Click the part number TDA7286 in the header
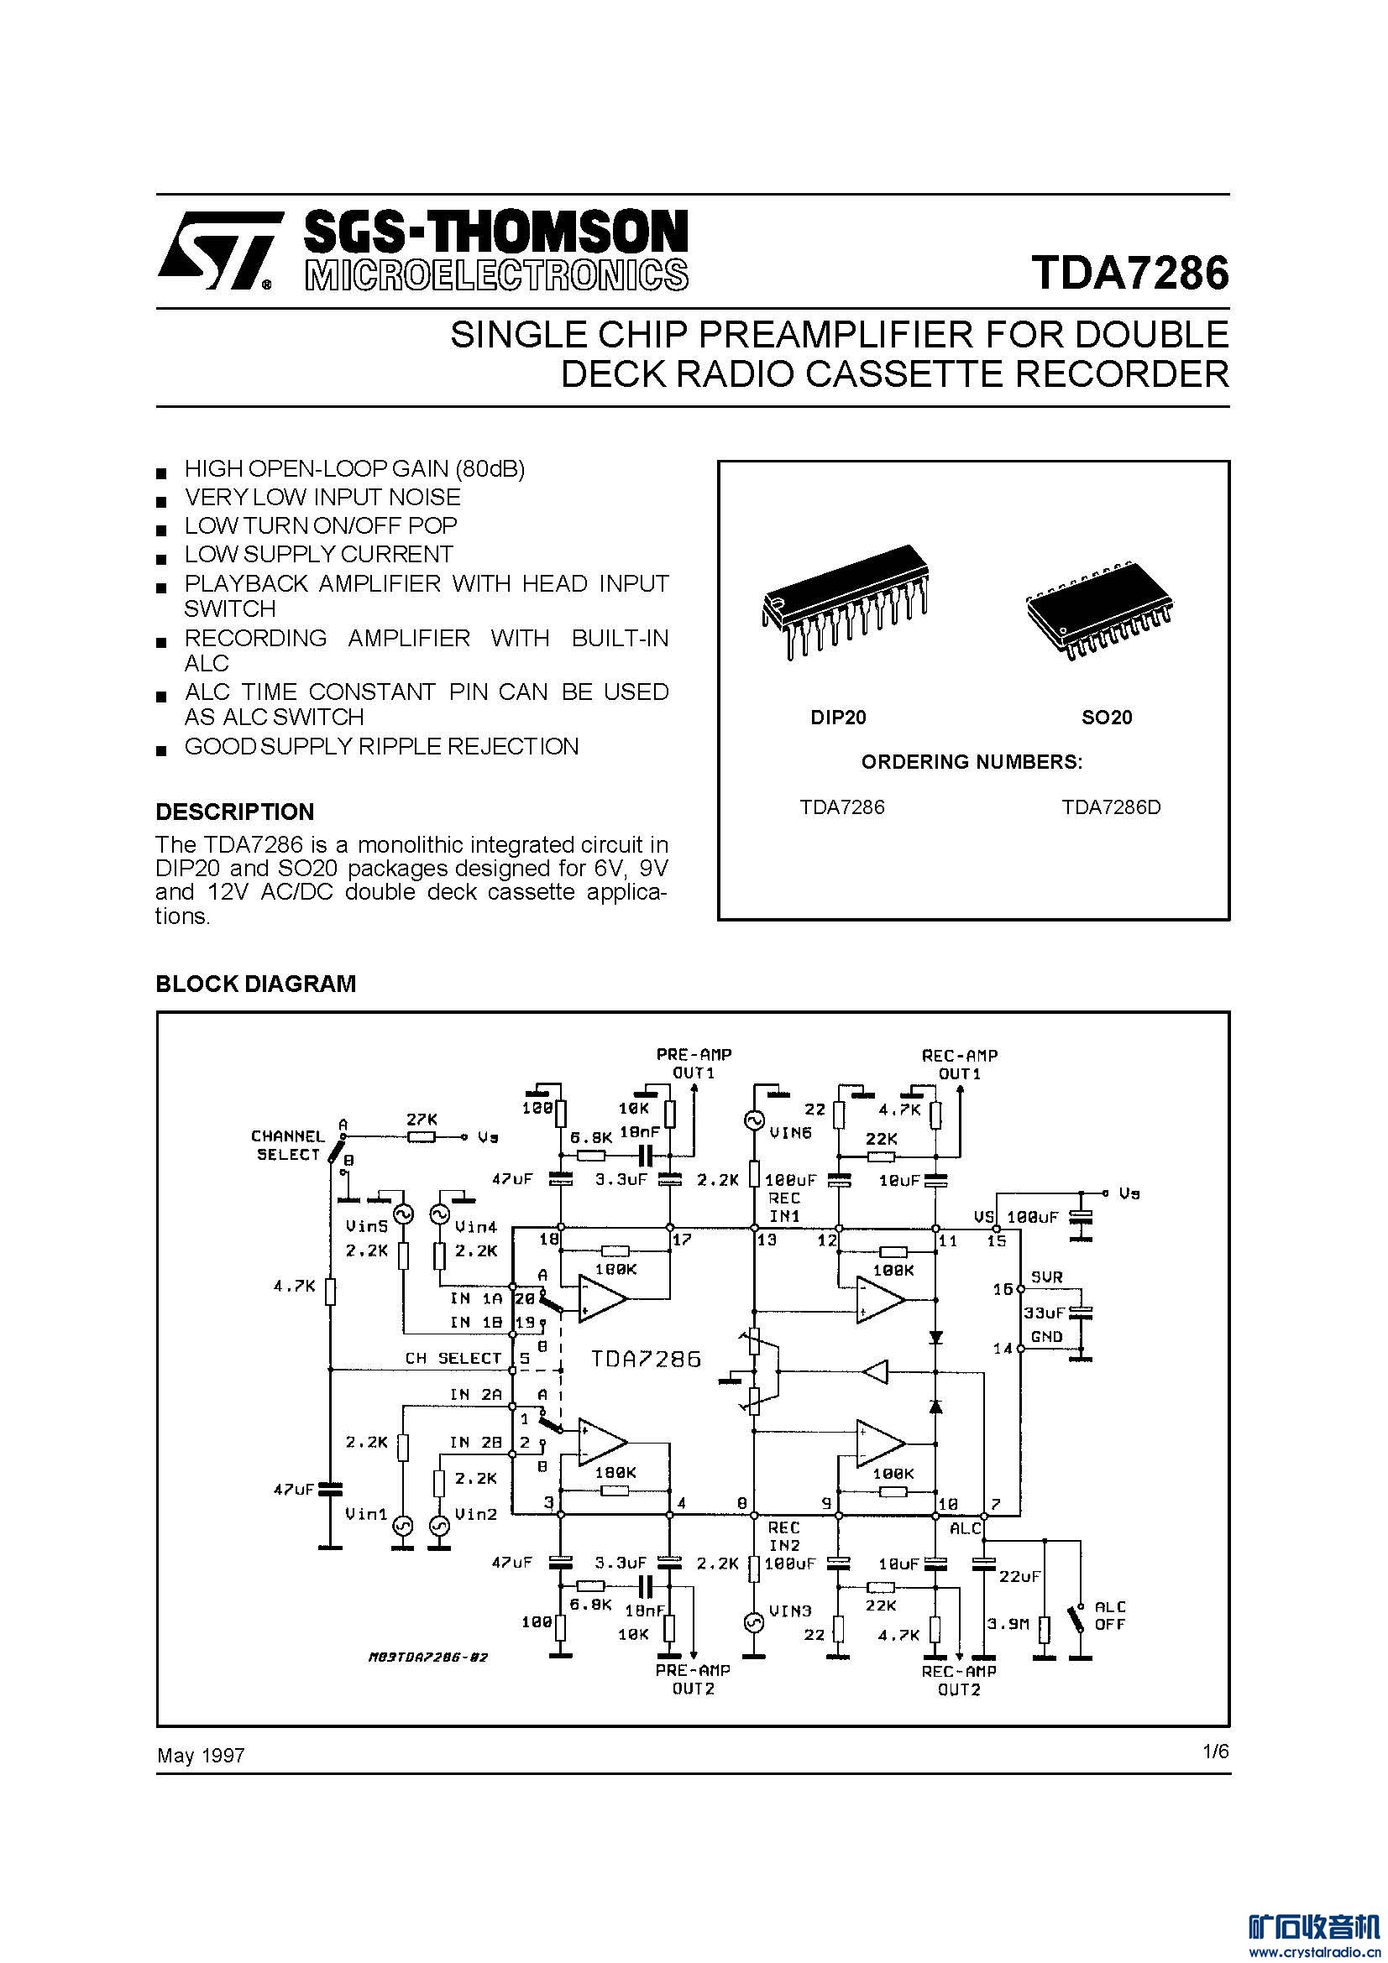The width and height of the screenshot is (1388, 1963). (x=1130, y=273)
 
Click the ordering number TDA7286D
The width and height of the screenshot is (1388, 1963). (x=1111, y=807)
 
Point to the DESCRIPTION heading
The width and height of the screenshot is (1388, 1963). (x=235, y=812)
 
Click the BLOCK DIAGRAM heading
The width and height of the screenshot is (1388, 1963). (x=256, y=984)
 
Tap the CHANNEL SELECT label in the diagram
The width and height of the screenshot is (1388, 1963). (x=288, y=1145)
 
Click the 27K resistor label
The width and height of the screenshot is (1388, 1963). (x=421, y=1120)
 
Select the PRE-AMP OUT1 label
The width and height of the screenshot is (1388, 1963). (x=694, y=1063)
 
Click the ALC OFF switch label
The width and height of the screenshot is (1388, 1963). (x=1110, y=1615)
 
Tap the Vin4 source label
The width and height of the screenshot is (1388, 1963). (x=476, y=1226)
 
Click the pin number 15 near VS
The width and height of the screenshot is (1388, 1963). (x=997, y=1240)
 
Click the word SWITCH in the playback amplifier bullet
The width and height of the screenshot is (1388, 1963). (x=230, y=608)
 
